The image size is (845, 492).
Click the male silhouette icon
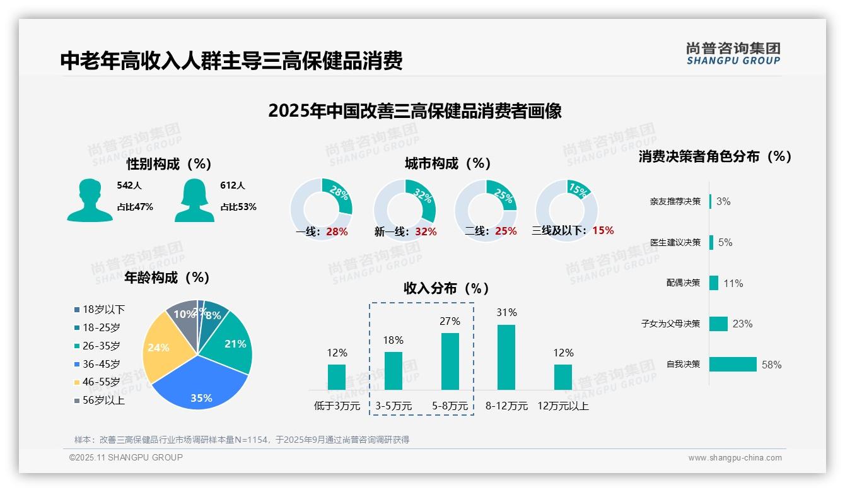click(90, 200)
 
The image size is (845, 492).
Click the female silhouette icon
click(195, 200)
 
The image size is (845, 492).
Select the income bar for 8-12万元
click(506, 357)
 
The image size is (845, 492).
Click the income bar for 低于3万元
click(337, 377)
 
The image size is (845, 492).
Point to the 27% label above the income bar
click(450, 321)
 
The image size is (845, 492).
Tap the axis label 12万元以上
click(563, 406)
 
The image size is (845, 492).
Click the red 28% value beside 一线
click(337, 231)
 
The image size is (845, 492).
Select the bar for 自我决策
click(733, 364)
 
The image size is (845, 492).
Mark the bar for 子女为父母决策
click(718, 324)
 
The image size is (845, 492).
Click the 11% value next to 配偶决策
click(733, 283)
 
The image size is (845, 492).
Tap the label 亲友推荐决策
click(675, 201)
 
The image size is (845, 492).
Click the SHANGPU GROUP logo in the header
click(733, 54)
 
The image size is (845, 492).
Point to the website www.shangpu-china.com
click(735, 458)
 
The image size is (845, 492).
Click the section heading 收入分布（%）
click(446, 288)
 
